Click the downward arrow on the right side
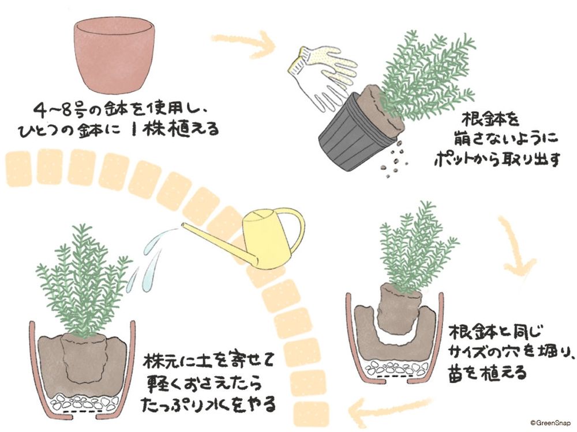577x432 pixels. (x=516, y=248)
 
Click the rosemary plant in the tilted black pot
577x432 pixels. (x=430, y=69)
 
